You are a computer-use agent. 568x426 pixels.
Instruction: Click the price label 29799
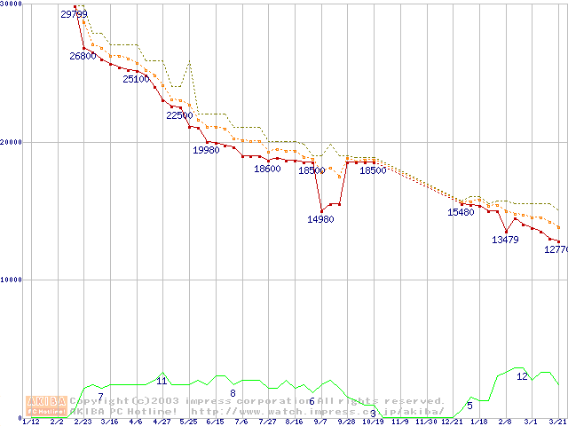(74, 15)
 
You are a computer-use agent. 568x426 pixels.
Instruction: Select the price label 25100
(136, 79)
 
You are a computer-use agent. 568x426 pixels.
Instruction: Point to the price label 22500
(179, 115)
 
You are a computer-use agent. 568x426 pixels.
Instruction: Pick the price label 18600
(267, 169)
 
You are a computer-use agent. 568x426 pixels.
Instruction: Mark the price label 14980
(320, 219)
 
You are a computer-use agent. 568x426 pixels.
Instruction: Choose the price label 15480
(461, 213)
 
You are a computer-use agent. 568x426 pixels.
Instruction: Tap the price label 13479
(505, 240)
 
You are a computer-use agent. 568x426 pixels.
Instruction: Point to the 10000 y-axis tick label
(12, 280)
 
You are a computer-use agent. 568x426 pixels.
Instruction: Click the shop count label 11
(162, 381)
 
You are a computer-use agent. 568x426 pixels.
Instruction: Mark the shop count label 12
(522, 376)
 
